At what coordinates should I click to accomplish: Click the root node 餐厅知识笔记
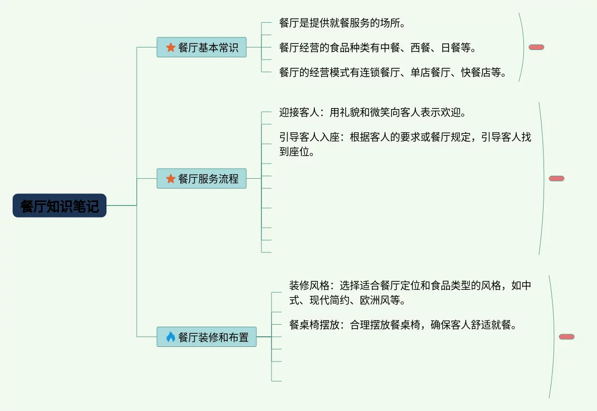pyautogui.click(x=60, y=206)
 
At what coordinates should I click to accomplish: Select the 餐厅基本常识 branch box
pyautogui.click(x=201, y=47)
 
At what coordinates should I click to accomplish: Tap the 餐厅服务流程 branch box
pyautogui.click(x=201, y=179)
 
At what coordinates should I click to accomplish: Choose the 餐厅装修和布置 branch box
pyautogui.click(x=206, y=337)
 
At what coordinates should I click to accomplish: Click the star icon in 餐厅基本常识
pyautogui.click(x=171, y=47)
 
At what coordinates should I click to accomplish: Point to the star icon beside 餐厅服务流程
pyautogui.click(x=171, y=179)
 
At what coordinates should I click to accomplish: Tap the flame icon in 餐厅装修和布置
pyautogui.click(x=171, y=337)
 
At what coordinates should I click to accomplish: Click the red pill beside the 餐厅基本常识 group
pyautogui.click(x=536, y=47)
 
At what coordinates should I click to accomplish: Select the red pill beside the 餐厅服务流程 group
pyautogui.click(x=556, y=179)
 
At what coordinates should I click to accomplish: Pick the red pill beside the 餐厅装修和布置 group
pyautogui.click(x=566, y=337)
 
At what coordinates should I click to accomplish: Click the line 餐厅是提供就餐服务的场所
pyautogui.click(x=342, y=23)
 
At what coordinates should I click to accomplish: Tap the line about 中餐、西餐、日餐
pyautogui.click(x=377, y=48)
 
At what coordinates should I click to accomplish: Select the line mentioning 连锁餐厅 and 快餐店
pyautogui.click(x=393, y=73)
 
